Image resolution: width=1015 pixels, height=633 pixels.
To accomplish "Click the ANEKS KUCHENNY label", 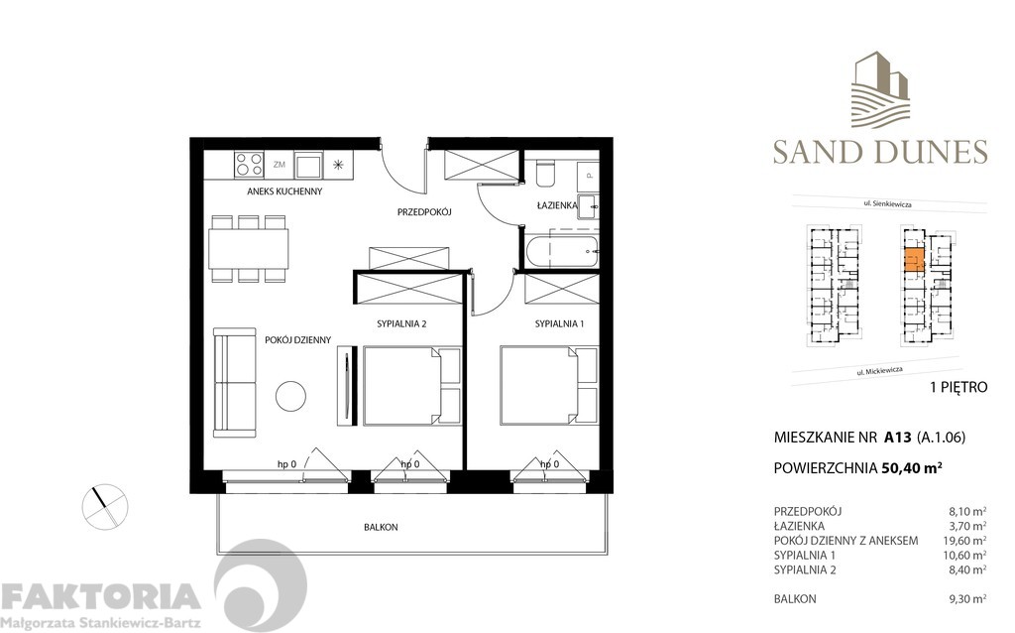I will click(x=284, y=191).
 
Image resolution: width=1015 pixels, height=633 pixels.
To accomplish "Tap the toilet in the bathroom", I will click(x=544, y=174).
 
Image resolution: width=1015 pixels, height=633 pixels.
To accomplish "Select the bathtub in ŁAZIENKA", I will click(x=562, y=250).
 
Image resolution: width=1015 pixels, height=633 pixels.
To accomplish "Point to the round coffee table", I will click(x=290, y=397).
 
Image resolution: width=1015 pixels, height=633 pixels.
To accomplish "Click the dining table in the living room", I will click(x=249, y=243).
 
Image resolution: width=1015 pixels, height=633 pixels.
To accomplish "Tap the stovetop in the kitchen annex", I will click(x=248, y=165).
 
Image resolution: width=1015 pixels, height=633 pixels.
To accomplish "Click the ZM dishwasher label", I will click(x=280, y=165).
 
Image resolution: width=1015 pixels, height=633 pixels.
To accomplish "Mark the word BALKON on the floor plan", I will click(x=381, y=528).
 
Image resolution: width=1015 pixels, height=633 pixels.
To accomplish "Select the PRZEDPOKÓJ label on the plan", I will click(x=424, y=211).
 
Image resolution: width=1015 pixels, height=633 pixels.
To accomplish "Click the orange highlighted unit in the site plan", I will click(x=915, y=261).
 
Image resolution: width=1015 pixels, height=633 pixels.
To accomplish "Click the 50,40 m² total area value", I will click(x=912, y=470).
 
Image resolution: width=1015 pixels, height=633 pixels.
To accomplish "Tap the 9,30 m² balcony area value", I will click(x=967, y=599).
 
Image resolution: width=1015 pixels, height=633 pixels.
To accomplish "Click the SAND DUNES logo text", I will click(x=880, y=152).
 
